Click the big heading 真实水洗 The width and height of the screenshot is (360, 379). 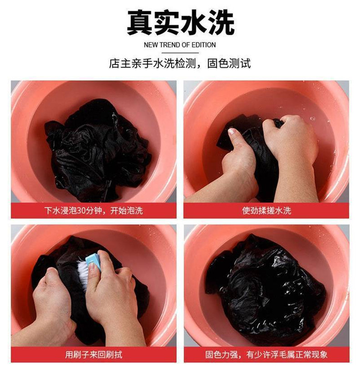tap(180, 23)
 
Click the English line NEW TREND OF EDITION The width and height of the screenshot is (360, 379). tap(180, 45)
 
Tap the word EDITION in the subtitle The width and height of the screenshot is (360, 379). tap(203, 45)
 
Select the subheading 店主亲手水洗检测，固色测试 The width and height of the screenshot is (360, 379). tap(180, 63)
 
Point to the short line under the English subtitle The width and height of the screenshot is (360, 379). tap(180, 53)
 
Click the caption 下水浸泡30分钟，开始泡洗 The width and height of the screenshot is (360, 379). tap(94, 211)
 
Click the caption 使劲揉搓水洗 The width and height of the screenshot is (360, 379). tap(267, 211)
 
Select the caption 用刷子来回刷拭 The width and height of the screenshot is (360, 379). tap(94, 354)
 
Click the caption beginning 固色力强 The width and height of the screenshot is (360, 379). tap(266, 354)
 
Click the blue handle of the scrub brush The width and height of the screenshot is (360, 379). tap(94, 260)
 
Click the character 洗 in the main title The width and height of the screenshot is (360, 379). tap(221, 23)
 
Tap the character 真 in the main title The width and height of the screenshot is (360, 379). tap(139, 23)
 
